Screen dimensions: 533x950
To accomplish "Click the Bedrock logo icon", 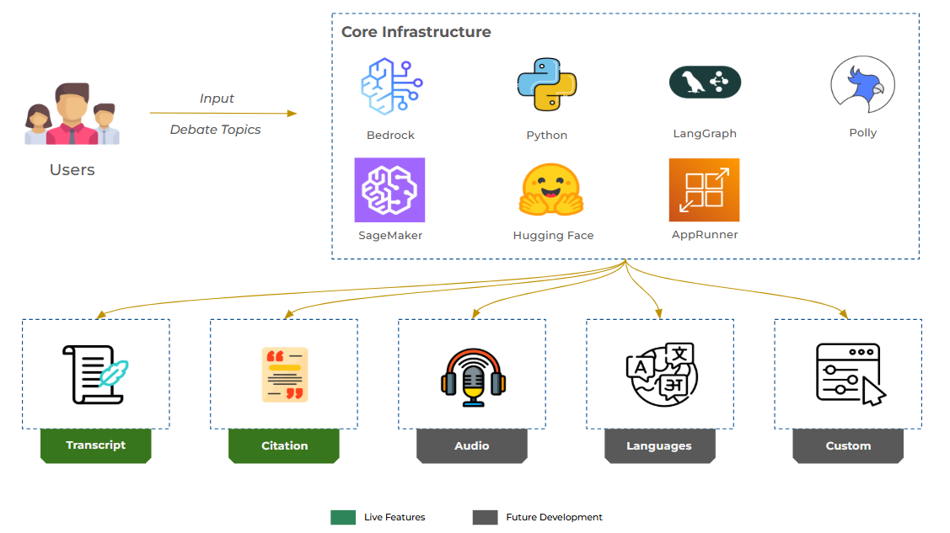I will [391, 86].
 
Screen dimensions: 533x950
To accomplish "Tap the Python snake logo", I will [546, 85].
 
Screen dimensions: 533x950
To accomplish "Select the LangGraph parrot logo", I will [705, 83].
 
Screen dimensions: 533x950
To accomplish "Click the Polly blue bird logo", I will [862, 84].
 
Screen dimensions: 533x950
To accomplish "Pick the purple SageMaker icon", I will [389, 190].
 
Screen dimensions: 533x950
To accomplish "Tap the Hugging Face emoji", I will [550, 190].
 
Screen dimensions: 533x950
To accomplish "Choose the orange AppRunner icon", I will [704, 190].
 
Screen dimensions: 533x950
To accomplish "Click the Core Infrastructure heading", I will [416, 32].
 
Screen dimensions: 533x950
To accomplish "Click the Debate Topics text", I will [216, 130].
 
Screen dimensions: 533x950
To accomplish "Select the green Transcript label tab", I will [95, 445].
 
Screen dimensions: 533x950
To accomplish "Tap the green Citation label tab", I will [284, 445].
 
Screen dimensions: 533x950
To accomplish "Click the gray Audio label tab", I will [472, 445].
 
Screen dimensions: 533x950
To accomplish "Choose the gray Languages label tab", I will [659, 445].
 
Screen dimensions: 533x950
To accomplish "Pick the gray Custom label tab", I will [848, 445].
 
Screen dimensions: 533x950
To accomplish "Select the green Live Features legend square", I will [343, 517].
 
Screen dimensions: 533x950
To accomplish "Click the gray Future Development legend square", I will [485, 517].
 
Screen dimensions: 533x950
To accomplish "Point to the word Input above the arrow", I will [217, 99].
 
